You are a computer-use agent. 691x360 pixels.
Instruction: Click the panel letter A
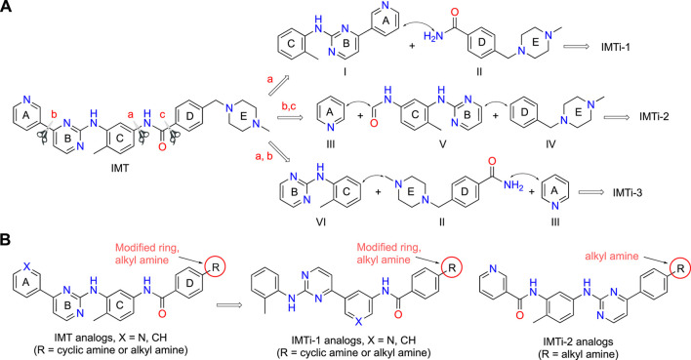[x=6, y=7]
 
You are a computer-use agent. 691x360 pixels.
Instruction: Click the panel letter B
[x=6, y=240]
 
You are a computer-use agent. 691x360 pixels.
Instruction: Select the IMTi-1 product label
[x=615, y=46]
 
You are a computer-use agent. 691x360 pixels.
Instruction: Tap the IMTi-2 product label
[x=654, y=117]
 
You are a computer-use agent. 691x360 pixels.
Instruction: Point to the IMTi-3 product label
[x=627, y=192]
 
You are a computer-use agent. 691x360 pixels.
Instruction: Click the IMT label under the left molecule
[x=120, y=169]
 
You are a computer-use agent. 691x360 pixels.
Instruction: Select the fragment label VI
[x=321, y=222]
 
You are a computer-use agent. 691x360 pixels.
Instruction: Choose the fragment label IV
[x=550, y=143]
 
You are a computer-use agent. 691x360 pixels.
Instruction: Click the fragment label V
[x=442, y=143]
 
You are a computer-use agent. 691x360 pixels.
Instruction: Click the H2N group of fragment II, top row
[x=432, y=36]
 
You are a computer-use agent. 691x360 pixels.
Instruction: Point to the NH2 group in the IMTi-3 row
[x=511, y=187]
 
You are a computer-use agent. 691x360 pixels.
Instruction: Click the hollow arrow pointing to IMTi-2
[x=617, y=117]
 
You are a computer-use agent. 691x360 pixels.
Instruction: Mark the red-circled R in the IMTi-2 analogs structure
[x=680, y=268]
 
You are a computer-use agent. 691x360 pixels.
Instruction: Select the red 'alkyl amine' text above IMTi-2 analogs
[x=612, y=256]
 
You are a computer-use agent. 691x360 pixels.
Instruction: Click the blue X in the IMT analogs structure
[x=26, y=266]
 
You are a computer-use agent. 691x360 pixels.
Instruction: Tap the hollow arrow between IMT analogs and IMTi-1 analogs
[x=228, y=304]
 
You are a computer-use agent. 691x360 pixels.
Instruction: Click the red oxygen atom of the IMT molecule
[x=162, y=146]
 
